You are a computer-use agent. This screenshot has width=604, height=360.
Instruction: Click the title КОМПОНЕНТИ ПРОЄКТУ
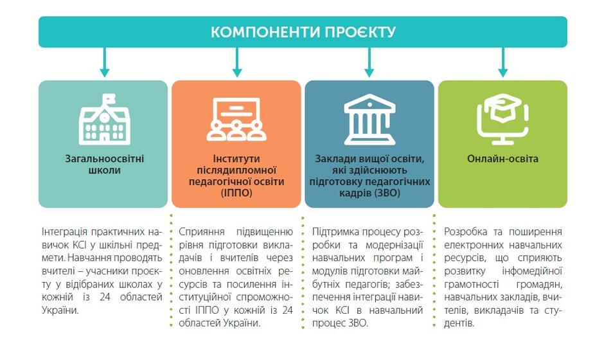pos(303,32)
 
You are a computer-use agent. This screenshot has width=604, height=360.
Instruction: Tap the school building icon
pos(104,119)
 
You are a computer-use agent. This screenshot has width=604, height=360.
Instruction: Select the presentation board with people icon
pos(236,119)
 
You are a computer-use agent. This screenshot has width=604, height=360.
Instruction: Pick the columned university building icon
pos(369,119)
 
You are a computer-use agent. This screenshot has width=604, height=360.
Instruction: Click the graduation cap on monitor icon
pos(502,119)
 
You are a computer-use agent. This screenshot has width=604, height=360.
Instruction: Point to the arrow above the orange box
pos(237,62)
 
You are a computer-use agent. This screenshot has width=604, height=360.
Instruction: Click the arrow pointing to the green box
pos(502,62)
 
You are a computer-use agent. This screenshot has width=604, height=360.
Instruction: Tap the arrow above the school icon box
pos(104,62)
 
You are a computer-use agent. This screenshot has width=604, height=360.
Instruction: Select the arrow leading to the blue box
pos(369,62)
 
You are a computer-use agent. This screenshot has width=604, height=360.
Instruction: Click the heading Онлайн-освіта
pos(502,159)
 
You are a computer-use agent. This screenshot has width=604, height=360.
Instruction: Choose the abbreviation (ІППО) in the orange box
pos(236,193)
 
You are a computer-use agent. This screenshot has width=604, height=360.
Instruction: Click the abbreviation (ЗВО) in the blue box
pos(386,193)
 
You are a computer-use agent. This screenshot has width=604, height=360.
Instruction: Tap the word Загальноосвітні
pos(104,159)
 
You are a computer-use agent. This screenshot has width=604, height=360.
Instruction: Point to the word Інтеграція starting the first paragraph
pos(64,232)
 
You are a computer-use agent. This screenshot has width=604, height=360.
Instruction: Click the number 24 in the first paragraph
pos(105,297)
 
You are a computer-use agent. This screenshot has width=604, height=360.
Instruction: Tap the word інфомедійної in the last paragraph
pos(532,271)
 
